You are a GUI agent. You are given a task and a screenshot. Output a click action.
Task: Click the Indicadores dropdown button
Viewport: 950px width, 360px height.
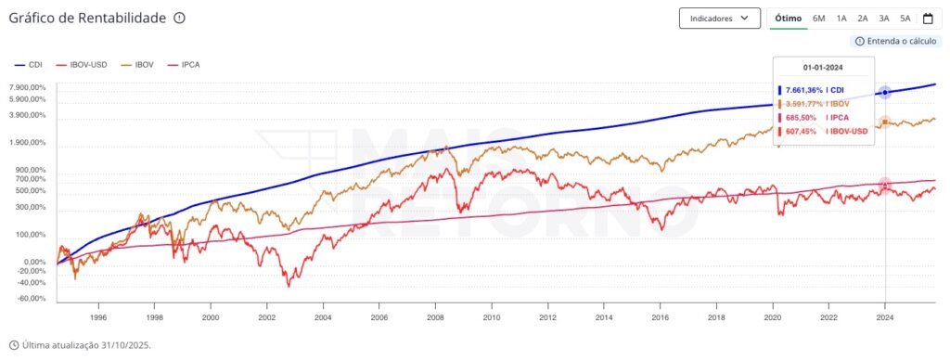pos(719,18)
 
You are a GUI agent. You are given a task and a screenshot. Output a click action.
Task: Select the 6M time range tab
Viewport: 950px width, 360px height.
pos(818,18)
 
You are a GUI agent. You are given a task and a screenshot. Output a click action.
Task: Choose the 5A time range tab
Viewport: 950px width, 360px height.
pos(905,18)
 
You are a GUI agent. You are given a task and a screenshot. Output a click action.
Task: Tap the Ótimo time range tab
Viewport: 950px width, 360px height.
pos(788,18)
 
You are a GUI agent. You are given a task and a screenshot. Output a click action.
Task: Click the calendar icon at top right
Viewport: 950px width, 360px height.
pos(928,18)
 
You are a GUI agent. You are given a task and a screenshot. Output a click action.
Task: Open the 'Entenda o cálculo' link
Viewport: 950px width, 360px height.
pos(897,41)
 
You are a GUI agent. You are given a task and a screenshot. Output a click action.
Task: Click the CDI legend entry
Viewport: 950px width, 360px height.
pos(30,65)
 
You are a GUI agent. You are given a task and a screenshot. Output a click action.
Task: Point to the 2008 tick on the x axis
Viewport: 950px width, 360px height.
pos(435,316)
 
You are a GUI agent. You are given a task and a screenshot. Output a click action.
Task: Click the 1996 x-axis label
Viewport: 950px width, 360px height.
pos(98,316)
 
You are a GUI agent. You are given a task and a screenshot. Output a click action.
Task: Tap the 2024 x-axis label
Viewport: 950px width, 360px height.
pos(885,316)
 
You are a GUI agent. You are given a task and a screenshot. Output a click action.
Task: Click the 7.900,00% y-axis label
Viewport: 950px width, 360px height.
pos(27,88)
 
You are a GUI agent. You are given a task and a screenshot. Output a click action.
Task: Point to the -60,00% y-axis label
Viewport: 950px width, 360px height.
pos(32,299)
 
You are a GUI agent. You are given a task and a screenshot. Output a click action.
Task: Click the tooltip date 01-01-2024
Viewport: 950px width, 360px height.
pos(822,68)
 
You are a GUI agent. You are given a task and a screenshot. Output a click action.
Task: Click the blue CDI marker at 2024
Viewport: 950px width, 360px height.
pos(885,93)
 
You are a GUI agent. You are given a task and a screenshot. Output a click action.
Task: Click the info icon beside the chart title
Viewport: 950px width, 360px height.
pos(179,18)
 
